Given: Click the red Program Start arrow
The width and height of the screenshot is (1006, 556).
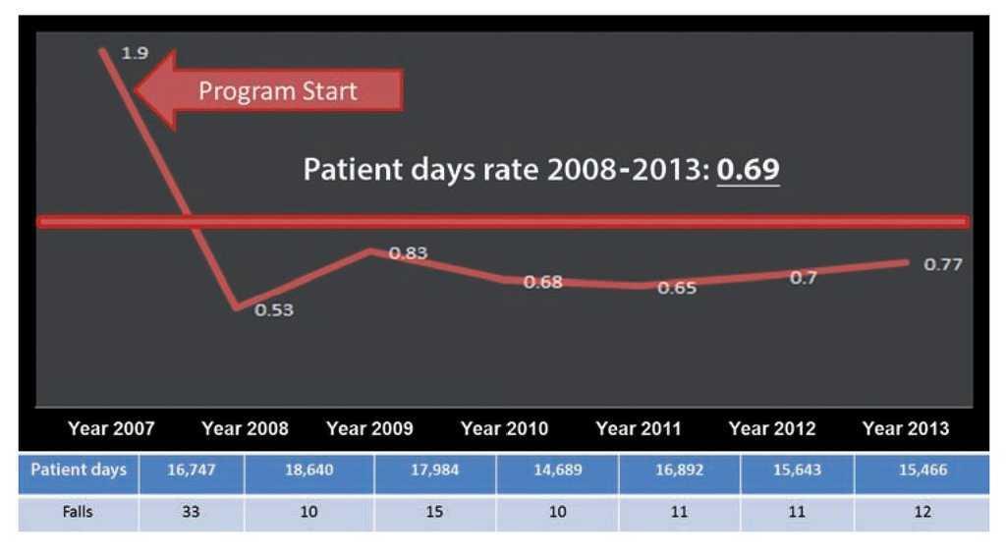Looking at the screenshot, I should [270, 91].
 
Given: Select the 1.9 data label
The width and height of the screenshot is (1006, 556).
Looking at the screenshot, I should [134, 53].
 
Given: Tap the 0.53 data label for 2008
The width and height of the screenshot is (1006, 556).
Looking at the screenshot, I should [274, 310].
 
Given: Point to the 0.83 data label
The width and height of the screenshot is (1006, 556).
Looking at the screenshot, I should [409, 253].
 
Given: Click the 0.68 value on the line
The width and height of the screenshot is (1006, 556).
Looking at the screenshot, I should [542, 283].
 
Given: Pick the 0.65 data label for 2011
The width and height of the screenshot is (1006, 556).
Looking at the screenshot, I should [677, 289].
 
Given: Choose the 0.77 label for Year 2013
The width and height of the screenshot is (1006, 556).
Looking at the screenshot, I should [943, 264].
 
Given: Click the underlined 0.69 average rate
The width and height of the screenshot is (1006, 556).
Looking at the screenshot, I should [748, 169].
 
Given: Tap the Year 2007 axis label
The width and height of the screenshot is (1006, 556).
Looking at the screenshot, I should [111, 429].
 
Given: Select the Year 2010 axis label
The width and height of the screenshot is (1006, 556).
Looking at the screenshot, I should [504, 429].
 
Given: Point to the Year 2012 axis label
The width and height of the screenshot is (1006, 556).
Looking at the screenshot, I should [772, 429].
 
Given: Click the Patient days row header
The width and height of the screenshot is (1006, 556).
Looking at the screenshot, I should [79, 470].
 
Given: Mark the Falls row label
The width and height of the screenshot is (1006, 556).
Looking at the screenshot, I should [79, 513].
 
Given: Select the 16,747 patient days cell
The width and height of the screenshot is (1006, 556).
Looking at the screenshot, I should [191, 471].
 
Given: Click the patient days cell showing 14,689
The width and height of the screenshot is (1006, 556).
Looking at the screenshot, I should [557, 471].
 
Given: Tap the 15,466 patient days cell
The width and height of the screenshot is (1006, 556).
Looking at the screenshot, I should [922, 471].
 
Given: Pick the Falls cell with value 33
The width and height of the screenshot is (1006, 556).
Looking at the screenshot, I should [191, 513].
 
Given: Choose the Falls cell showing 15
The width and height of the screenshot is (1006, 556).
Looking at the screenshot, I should [434, 513].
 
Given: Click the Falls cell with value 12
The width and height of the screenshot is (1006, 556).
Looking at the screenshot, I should [922, 513].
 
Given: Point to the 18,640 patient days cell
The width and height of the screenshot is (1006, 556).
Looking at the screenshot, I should [308, 471].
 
